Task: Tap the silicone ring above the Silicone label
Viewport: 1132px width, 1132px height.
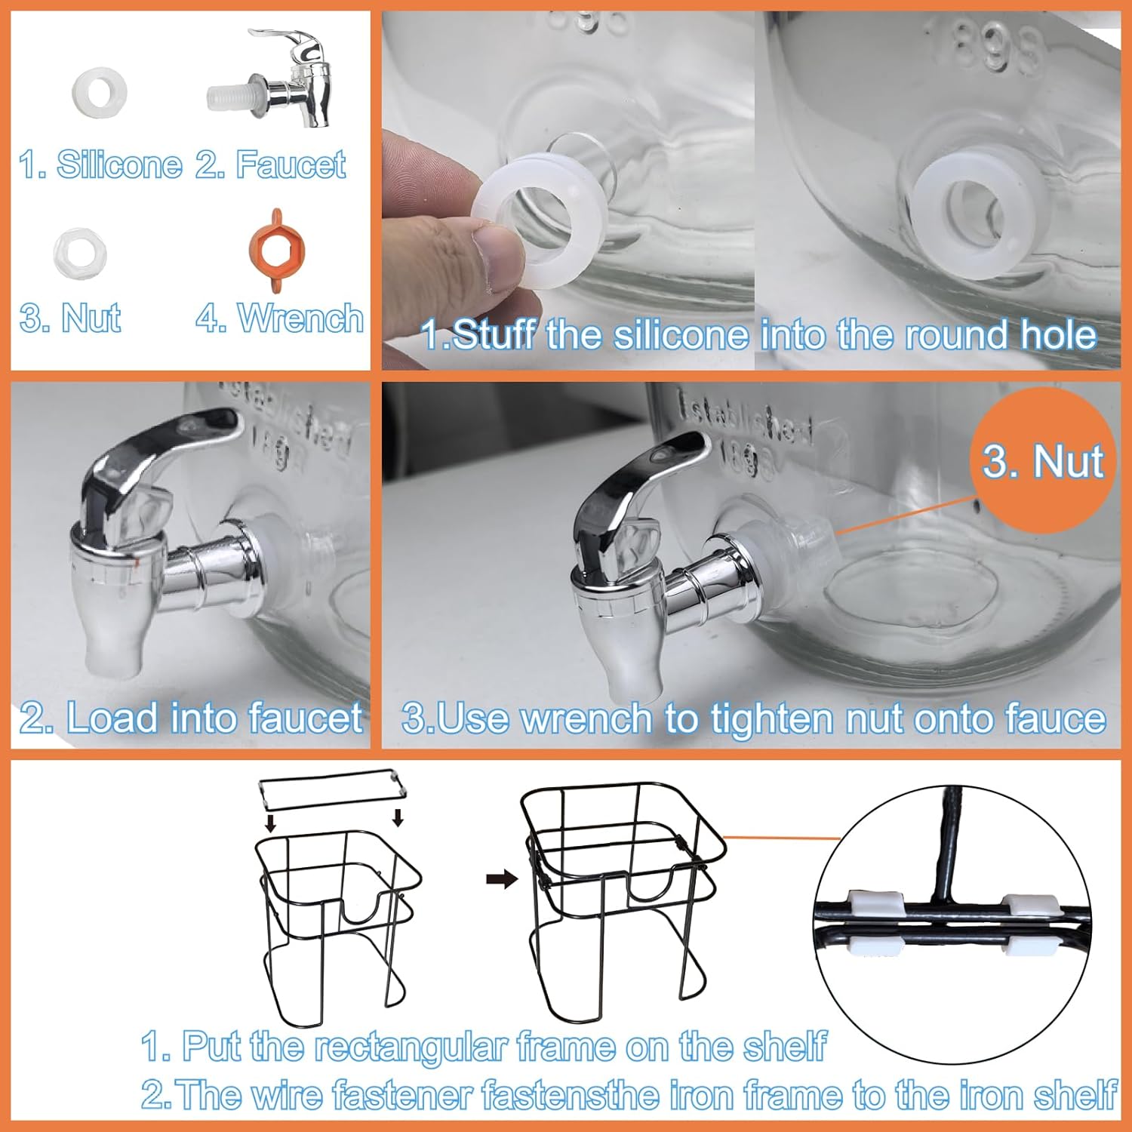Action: (99, 93)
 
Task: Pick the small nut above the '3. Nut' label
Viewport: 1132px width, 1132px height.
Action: (80, 252)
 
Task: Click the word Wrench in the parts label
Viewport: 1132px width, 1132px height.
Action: (300, 318)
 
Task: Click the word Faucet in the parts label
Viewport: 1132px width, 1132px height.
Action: (291, 165)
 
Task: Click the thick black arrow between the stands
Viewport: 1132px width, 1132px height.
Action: (501, 878)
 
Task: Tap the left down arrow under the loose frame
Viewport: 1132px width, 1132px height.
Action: (271, 821)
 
